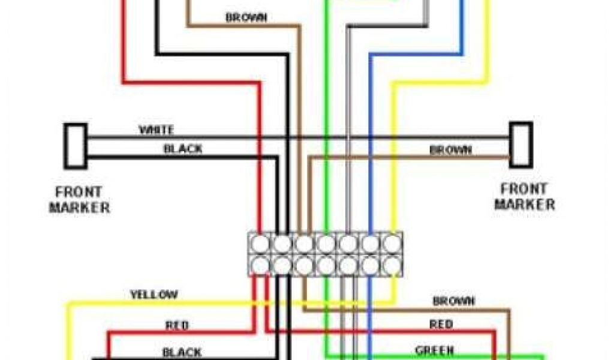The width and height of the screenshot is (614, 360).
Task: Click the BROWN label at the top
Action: (246, 17)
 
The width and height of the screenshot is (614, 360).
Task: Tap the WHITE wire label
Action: (156, 130)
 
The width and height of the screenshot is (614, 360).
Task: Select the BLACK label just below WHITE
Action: (183, 149)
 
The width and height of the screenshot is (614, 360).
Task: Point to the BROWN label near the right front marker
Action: (450, 150)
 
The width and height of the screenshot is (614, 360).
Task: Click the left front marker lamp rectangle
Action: (76, 146)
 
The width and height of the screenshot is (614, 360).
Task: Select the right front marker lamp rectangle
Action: (521, 145)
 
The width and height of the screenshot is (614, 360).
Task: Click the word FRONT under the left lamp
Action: (79, 193)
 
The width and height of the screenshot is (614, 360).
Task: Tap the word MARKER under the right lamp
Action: (525, 204)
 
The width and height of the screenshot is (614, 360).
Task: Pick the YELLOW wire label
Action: (154, 295)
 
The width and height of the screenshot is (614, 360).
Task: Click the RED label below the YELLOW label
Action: (177, 325)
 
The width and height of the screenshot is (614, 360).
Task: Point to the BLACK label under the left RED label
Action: (182, 352)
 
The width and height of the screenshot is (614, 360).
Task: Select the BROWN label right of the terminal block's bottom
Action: (454, 301)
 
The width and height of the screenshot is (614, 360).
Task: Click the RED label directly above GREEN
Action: (441, 325)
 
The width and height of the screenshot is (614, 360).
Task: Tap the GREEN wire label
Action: (435, 350)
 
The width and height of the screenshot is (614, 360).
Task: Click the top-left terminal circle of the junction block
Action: (261, 244)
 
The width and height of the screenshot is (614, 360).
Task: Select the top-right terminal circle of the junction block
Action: (392, 244)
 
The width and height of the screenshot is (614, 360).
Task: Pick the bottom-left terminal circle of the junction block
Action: (261, 265)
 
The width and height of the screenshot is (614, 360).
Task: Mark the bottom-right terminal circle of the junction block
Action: (392, 265)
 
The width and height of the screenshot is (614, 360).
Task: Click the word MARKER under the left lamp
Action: (79, 208)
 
